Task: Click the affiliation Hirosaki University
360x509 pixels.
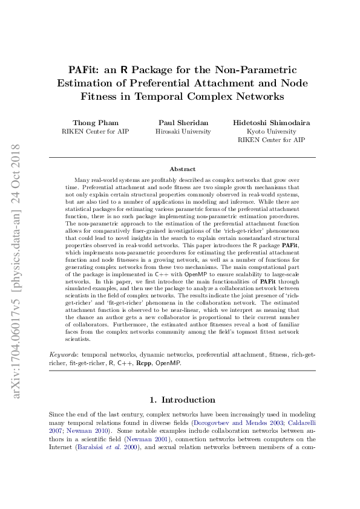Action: tap(183, 131)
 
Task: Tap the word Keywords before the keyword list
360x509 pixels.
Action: tap(64, 352)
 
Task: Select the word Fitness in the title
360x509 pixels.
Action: tap(103, 96)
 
